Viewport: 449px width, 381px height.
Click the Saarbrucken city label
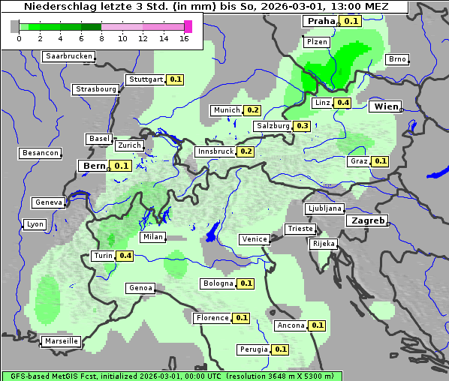coord(69,56)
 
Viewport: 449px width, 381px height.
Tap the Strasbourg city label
coord(96,89)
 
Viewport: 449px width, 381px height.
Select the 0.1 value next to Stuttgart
coord(176,79)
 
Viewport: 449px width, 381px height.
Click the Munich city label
coord(226,110)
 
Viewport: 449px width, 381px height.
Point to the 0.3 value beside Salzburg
coord(302,126)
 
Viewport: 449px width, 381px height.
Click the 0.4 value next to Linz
coord(343,103)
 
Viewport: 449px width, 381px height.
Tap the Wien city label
coord(387,106)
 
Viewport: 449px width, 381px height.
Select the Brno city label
coord(397,59)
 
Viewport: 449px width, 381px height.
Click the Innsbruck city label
coord(215,151)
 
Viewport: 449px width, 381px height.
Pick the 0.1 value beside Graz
coord(380,161)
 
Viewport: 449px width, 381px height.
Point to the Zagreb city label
coord(366,221)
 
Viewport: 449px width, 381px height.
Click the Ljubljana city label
coord(324,208)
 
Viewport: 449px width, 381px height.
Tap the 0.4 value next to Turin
coord(125,256)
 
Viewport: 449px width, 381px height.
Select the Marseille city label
coord(62,341)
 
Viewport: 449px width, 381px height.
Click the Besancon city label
coord(41,153)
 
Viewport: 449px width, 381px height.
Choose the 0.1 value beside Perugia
coord(280,349)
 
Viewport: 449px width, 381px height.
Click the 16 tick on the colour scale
coord(184,38)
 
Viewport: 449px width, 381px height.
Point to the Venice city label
coord(255,239)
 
